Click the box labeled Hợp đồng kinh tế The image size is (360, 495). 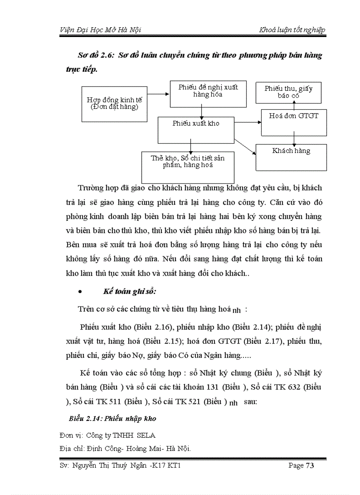(x=115, y=104)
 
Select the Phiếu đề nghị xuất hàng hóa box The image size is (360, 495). (x=208, y=93)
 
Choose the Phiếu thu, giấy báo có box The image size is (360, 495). (x=289, y=92)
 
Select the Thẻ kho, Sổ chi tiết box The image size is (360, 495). (x=187, y=164)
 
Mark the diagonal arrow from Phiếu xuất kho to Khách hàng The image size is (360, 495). (x=245, y=146)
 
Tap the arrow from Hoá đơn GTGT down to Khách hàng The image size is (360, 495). (x=294, y=140)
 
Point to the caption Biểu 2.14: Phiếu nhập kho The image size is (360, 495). (x=112, y=418)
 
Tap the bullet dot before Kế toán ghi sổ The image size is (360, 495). (x=79, y=292)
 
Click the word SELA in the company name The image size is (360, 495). (x=146, y=435)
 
